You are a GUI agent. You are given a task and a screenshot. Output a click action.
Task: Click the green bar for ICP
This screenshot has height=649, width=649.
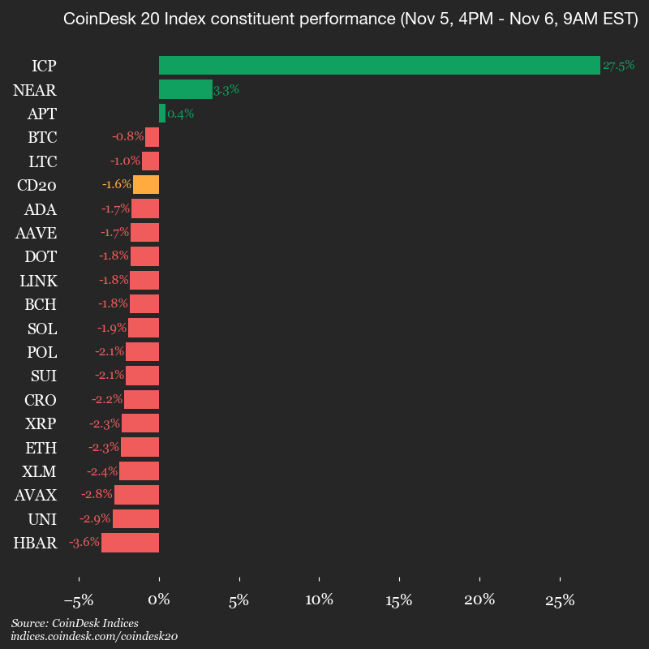click(x=379, y=66)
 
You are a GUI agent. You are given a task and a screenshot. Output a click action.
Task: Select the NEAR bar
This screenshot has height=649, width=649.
click(x=185, y=89)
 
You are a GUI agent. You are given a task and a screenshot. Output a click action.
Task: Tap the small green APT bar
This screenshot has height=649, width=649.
click(x=162, y=114)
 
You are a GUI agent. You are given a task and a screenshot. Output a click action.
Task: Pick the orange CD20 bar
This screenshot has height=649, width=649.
click(x=146, y=185)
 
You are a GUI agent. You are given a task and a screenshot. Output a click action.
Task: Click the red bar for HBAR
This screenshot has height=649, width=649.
click(x=130, y=543)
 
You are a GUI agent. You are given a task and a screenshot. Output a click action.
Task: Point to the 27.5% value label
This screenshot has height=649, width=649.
click(x=618, y=66)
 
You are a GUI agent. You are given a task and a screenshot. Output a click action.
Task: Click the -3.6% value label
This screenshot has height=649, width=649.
click(x=84, y=543)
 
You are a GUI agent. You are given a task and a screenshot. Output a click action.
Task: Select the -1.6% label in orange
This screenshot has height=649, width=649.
click(x=116, y=185)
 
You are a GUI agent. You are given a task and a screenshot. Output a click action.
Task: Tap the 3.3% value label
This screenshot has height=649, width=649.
click(x=226, y=90)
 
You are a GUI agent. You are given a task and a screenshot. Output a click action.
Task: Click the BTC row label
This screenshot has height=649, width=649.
click(x=42, y=137)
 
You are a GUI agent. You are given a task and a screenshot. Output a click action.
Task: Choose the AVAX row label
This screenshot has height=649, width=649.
click(x=36, y=495)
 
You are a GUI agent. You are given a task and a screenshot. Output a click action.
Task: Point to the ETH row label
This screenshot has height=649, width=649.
click(x=42, y=447)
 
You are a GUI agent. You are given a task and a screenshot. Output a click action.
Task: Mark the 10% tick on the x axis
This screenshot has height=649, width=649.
click(x=320, y=601)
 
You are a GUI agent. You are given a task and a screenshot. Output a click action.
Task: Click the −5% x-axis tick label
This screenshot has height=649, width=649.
click(x=79, y=601)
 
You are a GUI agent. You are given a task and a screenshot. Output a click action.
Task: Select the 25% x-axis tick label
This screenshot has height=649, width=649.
click(x=560, y=601)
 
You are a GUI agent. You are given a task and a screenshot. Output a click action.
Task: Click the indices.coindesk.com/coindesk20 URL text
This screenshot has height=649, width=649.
click(x=94, y=637)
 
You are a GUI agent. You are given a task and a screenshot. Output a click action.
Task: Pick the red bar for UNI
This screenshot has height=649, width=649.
click(x=135, y=518)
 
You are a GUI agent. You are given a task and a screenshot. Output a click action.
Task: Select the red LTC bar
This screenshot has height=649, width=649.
click(x=150, y=161)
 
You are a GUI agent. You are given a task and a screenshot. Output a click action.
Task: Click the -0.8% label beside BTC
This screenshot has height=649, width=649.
click(x=127, y=137)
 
